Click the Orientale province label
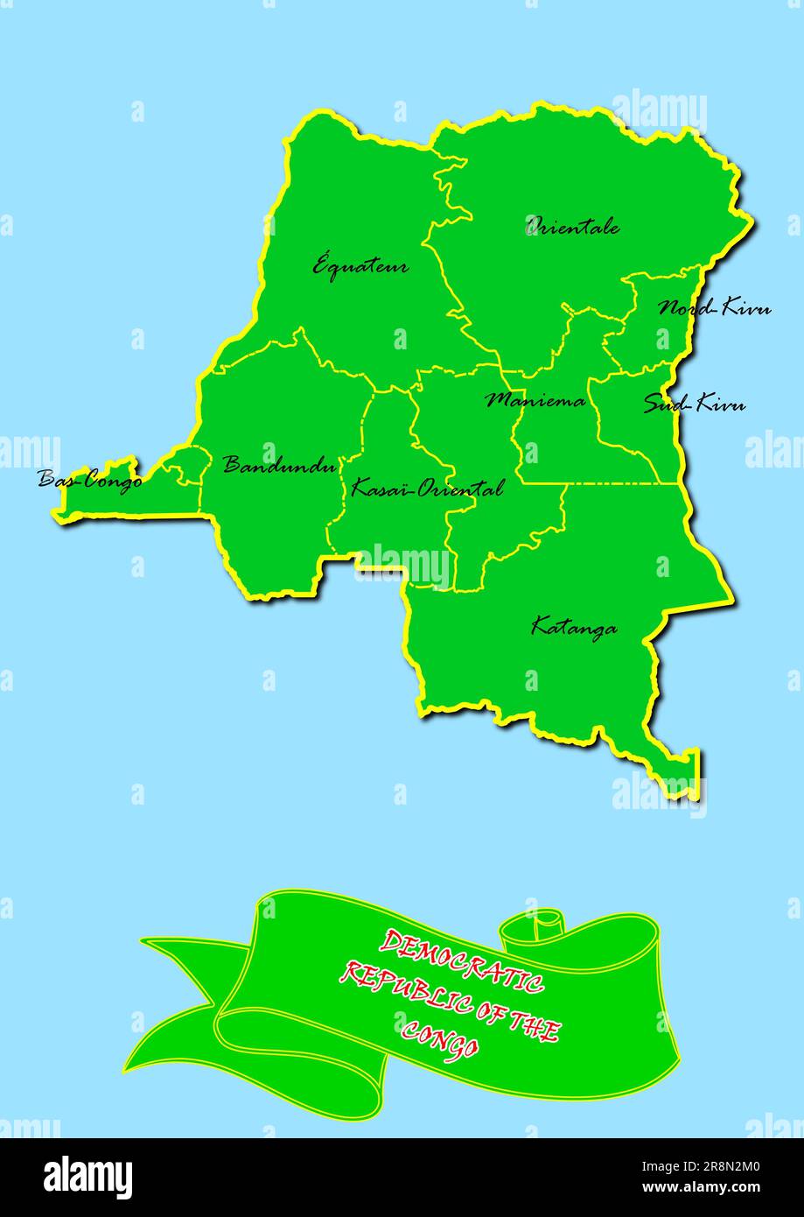pos(573,226)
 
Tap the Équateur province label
pos(360,264)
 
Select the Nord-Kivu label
pos(714,307)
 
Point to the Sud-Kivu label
pos(695,404)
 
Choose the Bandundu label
pos(279,464)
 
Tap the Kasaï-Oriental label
pos(427,488)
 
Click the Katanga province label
pos(574,627)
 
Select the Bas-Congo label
pos(89,479)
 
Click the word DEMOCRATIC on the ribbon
pos(461,960)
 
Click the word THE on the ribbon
pos(532,1024)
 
